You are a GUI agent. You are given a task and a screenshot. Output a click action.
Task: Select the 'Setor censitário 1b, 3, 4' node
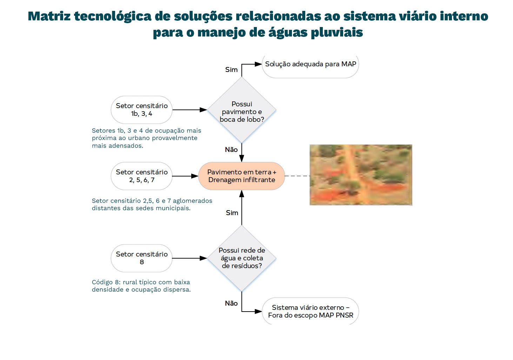[x=141, y=110]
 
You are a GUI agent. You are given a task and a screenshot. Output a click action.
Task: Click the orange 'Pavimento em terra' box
[x=241, y=176]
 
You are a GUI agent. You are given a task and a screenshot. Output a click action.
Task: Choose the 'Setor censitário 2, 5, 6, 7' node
[x=141, y=176]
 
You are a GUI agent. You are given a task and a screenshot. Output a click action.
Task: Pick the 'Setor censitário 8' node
[x=141, y=258]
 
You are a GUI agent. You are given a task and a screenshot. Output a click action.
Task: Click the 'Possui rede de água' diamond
[x=242, y=258]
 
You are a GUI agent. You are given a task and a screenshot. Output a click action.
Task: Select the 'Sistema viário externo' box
[x=310, y=312]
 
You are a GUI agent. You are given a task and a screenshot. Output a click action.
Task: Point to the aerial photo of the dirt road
[x=361, y=175]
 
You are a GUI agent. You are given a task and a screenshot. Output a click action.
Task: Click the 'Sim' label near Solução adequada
[x=231, y=70]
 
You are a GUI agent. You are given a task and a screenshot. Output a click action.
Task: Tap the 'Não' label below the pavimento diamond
[x=231, y=150]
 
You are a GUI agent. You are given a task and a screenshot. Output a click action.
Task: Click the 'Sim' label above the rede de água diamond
[x=232, y=213]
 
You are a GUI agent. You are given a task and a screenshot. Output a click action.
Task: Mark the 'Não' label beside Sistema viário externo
[x=231, y=304]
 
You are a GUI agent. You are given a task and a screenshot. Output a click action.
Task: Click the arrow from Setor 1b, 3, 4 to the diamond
[x=189, y=110]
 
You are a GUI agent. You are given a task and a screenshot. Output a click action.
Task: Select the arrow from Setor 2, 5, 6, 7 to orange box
[x=185, y=176]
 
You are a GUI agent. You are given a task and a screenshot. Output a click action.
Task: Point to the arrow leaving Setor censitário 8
[x=189, y=258]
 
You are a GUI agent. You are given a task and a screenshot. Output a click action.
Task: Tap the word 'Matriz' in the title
[x=49, y=16]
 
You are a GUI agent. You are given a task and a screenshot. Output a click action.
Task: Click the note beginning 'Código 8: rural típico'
[x=141, y=286]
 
